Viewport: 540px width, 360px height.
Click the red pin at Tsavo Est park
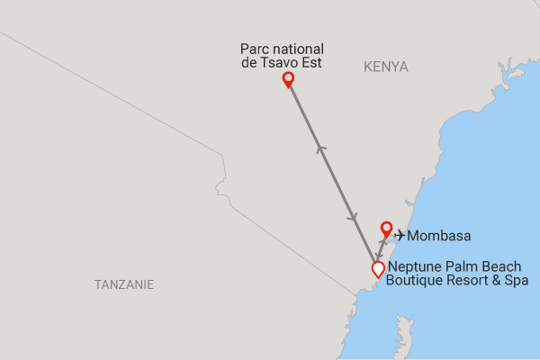tap(288, 79)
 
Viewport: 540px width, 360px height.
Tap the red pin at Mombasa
tap(386, 229)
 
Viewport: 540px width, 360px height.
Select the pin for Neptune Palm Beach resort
tap(378, 268)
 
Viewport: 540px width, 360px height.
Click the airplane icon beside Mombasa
tap(400, 236)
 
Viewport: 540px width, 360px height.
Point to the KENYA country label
tap(386, 67)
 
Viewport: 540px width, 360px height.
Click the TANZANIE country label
tap(124, 284)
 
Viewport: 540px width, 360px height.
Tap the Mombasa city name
tap(439, 236)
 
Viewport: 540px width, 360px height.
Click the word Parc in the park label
tap(255, 49)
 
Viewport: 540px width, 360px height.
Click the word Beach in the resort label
tap(499, 265)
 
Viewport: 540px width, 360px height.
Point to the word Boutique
tap(413, 281)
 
